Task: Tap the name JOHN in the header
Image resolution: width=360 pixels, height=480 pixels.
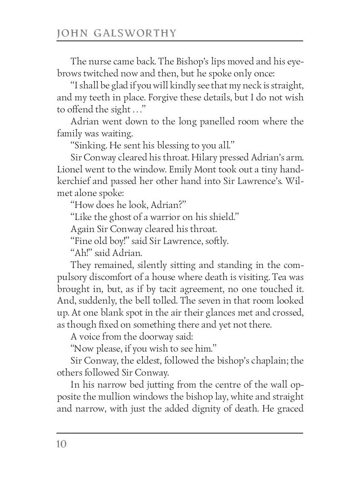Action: [x=71, y=33]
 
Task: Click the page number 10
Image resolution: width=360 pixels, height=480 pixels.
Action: [x=62, y=444]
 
